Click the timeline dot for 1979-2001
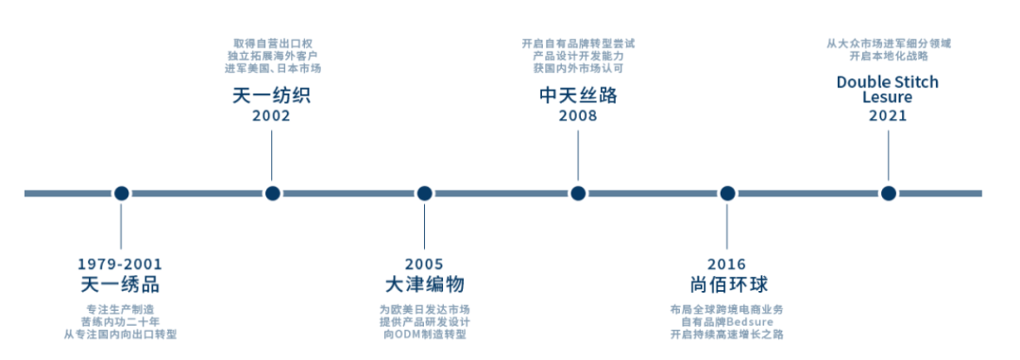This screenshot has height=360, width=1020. pyautogui.click(x=121, y=194)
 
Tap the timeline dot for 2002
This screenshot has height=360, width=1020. pyautogui.click(x=273, y=194)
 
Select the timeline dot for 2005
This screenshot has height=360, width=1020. pyautogui.click(x=424, y=194)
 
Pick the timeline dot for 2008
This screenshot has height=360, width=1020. pyautogui.click(x=578, y=194)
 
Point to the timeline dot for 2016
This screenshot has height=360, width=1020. pyautogui.click(x=727, y=194)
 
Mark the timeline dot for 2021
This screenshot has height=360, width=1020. pyautogui.click(x=888, y=194)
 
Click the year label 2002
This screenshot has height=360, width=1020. pyautogui.click(x=271, y=116)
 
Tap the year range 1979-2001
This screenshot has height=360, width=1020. pyautogui.click(x=120, y=265)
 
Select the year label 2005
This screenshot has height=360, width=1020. pyautogui.click(x=424, y=265)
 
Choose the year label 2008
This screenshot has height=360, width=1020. pyautogui.click(x=578, y=116)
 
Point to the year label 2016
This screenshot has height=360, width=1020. pyautogui.click(x=727, y=265)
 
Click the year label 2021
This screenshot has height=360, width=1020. pyautogui.click(x=888, y=116)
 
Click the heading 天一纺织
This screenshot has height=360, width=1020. pyautogui.click(x=271, y=96)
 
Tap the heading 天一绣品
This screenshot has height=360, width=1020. pyautogui.click(x=120, y=284)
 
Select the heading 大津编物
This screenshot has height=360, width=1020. pyautogui.click(x=424, y=284)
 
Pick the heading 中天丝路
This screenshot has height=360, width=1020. pyautogui.click(x=578, y=96)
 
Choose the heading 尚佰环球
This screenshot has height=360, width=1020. pyautogui.click(x=728, y=284)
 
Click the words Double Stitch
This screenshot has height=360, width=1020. pyautogui.click(x=887, y=82)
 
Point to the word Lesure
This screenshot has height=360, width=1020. pyautogui.click(x=887, y=97)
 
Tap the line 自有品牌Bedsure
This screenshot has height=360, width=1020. pyautogui.click(x=727, y=322)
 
